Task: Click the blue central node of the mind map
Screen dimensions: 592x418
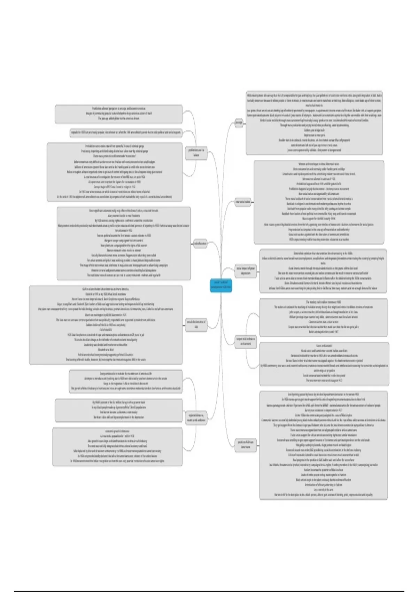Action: coord(221,286)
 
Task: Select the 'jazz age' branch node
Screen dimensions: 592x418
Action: coord(239,123)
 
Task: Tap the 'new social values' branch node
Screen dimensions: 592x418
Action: coord(243,202)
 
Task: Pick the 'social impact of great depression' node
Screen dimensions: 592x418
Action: coord(246,271)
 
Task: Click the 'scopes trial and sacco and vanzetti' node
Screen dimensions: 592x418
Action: coord(246,341)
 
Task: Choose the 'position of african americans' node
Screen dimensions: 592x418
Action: coord(246,444)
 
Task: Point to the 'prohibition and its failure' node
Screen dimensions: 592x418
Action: coord(196,153)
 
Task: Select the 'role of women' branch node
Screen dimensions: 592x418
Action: coord(200,244)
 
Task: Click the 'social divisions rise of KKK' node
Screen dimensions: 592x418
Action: coord(196,325)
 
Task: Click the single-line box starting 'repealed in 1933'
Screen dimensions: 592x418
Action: coord(126,132)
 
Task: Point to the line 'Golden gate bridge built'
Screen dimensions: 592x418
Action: coord(314,130)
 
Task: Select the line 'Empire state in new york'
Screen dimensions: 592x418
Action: coord(314,135)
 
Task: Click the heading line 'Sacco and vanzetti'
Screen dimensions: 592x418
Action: coord(324,346)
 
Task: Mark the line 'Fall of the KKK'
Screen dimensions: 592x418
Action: coord(106,330)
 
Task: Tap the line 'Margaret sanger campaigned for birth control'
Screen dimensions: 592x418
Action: coord(124,240)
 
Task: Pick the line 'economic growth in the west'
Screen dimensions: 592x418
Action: coord(117,431)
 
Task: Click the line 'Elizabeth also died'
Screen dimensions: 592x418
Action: coord(106,350)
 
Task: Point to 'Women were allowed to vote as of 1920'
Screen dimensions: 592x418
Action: coord(319,179)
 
